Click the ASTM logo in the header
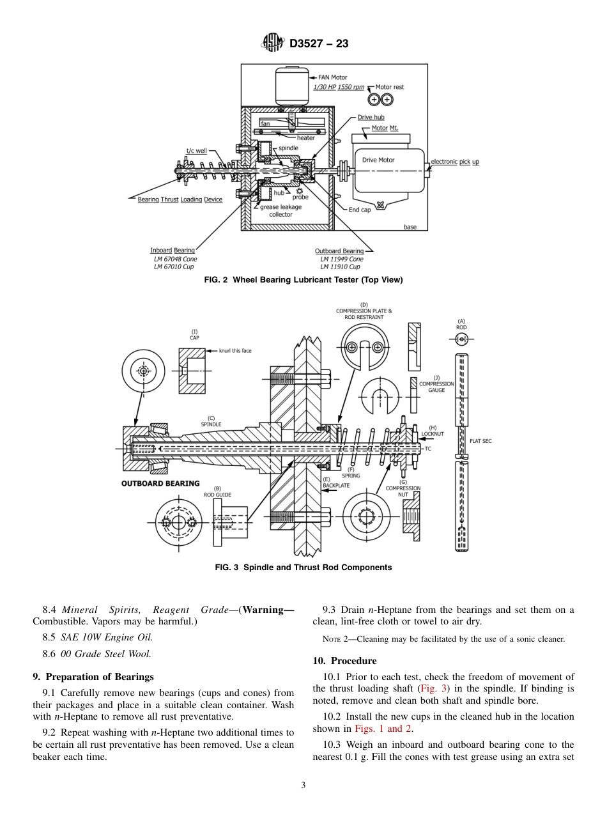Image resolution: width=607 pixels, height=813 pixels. [273, 43]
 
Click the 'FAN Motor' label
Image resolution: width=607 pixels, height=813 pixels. [333, 77]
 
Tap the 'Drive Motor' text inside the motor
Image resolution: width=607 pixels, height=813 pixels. [378, 160]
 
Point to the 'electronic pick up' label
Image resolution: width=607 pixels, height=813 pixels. [454, 162]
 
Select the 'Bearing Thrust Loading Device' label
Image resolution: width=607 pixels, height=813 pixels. [180, 199]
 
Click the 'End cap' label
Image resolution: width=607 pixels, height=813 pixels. [359, 210]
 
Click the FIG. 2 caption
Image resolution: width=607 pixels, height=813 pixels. [303, 279]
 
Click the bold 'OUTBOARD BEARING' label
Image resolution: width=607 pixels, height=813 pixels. [160, 483]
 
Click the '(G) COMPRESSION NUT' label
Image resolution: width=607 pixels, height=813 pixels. [403, 488]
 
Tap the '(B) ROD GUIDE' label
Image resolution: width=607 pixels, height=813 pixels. [217, 492]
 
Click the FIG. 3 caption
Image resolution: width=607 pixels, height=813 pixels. [303, 567]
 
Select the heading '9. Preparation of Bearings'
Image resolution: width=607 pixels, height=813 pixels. [93, 677]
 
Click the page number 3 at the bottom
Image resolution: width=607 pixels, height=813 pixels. [303, 786]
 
